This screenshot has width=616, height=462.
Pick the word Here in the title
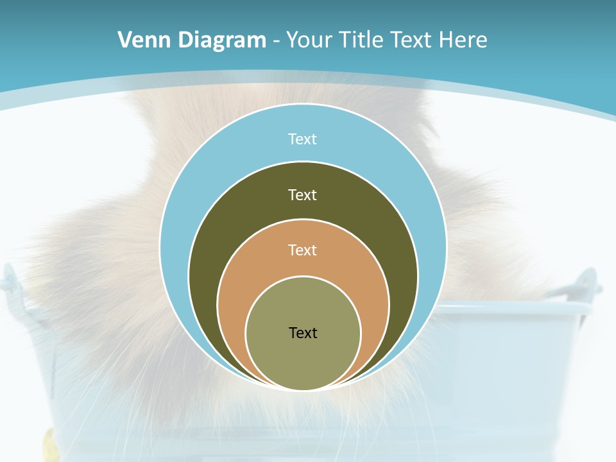(x=463, y=40)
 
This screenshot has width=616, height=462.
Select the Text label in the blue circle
(x=303, y=139)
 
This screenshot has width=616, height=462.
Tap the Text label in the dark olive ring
(x=303, y=194)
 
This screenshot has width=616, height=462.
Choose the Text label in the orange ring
(x=303, y=250)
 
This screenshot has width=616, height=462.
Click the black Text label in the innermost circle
(x=303, y=332)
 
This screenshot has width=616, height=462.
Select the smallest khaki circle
(x=303, y=359)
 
